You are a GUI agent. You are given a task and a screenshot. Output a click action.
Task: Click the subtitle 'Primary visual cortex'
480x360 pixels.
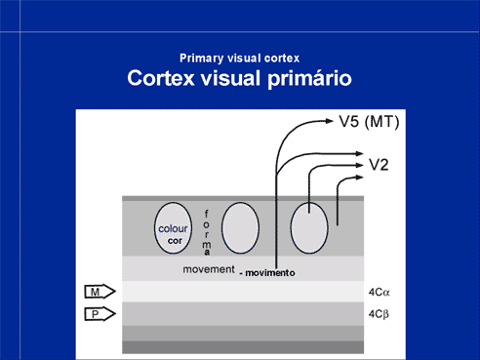point(239,59)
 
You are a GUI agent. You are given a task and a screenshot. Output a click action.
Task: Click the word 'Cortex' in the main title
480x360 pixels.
point(161,78)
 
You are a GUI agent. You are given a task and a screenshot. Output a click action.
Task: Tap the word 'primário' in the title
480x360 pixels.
point(309,79)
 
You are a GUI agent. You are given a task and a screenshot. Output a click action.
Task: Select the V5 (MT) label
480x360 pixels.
point(369,122)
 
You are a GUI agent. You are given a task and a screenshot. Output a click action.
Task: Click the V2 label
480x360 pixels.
point(379,165)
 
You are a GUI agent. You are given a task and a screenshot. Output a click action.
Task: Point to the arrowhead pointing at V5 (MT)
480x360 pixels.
point(329,121)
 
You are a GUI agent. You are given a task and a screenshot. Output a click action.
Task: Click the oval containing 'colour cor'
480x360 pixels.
point(173,228)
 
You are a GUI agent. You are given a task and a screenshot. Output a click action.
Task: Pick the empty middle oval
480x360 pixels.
point(240,228)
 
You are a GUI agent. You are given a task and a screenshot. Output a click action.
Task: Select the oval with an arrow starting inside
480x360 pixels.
point(309,228)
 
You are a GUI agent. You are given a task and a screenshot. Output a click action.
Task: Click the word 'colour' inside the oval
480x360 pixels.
point(173,228)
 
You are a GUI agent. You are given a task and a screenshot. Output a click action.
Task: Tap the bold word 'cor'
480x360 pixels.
point(175,241)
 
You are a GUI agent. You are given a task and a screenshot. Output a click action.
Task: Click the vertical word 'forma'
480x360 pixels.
point(207,233)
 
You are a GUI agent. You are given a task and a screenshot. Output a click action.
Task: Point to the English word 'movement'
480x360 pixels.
point(209,269)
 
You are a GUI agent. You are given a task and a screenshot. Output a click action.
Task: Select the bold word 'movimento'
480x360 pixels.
point(270,273)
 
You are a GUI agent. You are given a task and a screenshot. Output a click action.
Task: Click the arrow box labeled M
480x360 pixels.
point(100,292)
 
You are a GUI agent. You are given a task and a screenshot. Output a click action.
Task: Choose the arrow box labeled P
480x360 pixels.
point(100,314)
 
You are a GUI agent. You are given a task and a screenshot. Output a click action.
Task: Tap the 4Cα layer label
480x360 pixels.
point(379,293)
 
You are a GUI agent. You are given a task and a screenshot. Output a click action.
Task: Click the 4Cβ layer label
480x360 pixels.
point(379,314)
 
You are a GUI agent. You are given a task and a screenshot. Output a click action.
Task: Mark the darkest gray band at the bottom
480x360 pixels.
point(243,347)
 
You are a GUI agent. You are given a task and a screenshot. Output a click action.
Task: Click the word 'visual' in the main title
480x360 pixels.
point(230,78)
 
